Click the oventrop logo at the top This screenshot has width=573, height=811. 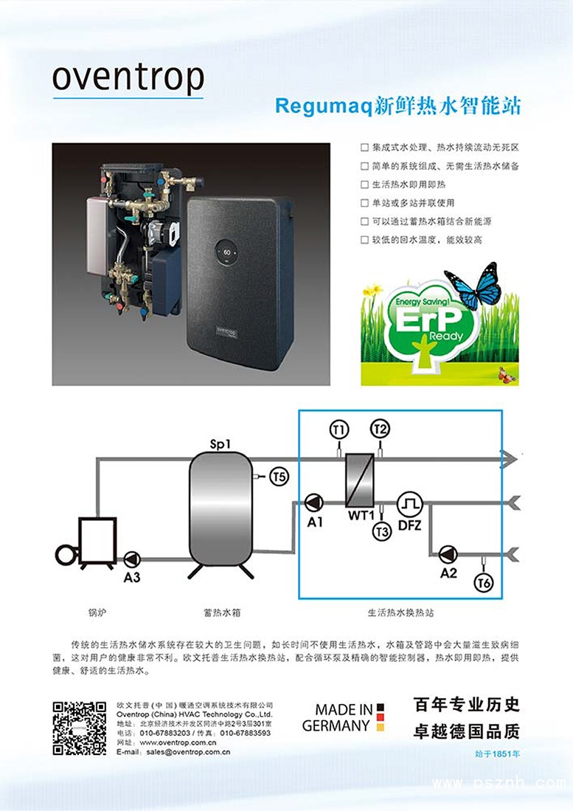point(128,78)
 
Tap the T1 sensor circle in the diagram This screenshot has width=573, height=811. point(338,429)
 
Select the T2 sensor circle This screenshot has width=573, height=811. point(381,429)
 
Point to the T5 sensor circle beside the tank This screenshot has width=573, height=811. point(278,477)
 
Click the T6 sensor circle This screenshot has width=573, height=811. point(484,583)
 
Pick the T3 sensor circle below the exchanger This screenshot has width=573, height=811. point(381,531)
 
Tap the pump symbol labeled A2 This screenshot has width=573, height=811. point(448,553)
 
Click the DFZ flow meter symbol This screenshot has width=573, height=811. point(409,504)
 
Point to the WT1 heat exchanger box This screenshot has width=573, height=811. point(360,478)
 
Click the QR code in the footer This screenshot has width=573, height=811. point(79,728)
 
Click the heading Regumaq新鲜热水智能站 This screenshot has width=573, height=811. point(397,106)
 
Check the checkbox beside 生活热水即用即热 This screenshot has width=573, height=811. point(364,184)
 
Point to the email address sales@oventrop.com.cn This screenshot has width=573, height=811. point(188,753)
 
